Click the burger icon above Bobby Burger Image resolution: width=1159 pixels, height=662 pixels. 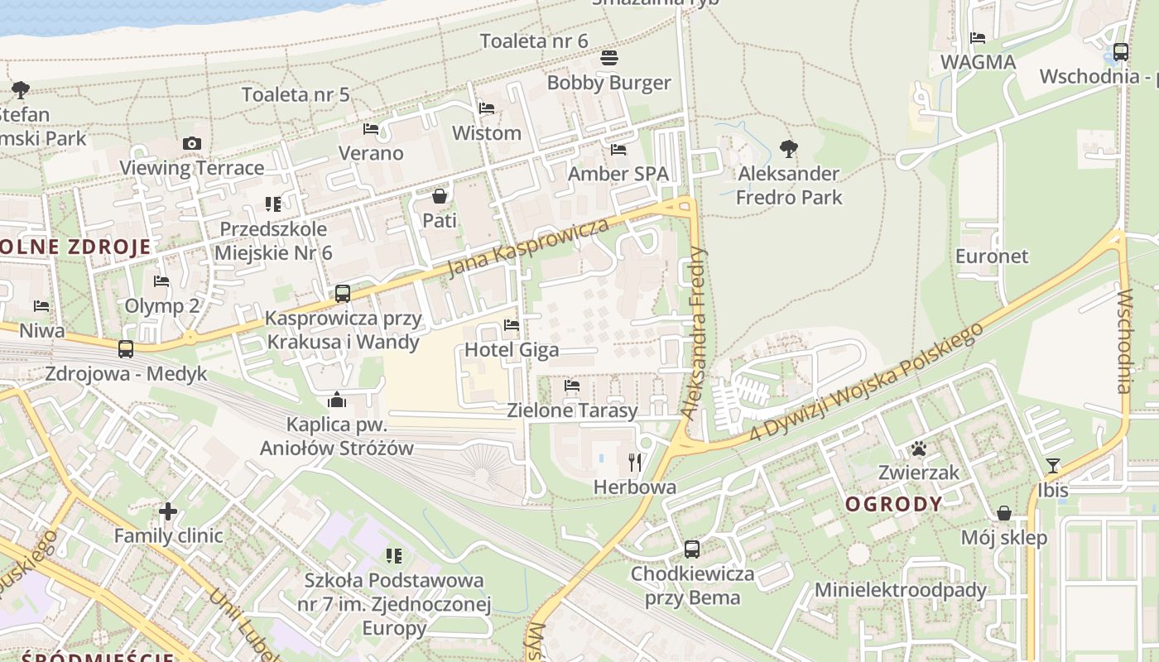(x=609, y=58)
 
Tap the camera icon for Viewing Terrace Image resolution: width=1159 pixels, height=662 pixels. (x=192, y=143)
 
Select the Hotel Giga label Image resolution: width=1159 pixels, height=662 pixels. (x=511, y=350)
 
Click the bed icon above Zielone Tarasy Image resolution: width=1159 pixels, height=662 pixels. (x=571, y=386)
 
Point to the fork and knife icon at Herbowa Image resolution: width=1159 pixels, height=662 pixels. (x=635, y=462)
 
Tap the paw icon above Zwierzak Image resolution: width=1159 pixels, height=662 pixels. (x=918, y=449)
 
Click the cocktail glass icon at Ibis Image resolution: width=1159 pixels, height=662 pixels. (x=1052, y=466)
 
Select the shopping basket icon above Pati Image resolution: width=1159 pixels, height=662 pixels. (x=440, y=196)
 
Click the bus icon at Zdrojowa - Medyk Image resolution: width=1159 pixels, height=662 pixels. (x=126, y=349)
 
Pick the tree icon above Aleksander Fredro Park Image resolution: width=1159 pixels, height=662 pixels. (x=788, y=149)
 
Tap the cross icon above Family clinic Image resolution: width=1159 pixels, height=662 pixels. (x=168, y=511)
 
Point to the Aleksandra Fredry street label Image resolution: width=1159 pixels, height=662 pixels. (x=694, y=331)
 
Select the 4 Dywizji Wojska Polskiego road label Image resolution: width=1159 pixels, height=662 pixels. (x=866, y=381)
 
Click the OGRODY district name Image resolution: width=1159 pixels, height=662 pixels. (x=893, y=504)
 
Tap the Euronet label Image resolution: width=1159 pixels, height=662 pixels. (x=991, y=256)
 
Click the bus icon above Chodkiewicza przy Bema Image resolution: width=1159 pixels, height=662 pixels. (x=692, y=549)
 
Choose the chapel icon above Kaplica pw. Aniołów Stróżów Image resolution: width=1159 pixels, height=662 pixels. (x=337, y=401)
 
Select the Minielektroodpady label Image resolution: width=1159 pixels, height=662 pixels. (x=901, y=590)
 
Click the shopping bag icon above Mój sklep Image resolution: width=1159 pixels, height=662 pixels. (x=1003, y=513)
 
